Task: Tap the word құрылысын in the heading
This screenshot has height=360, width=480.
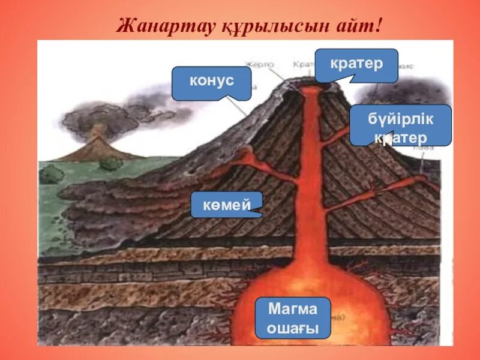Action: [262, 27]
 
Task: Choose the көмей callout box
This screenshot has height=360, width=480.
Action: [227, 204]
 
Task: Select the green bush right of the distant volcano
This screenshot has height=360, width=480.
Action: [111, 163]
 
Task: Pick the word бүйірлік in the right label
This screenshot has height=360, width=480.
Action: [400, 119]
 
